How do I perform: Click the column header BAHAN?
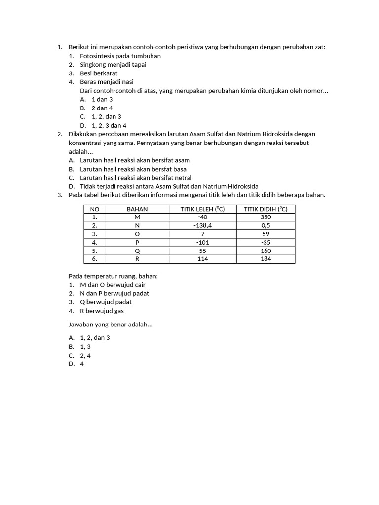137,209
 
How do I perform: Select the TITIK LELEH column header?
202,209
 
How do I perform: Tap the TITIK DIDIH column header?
266,209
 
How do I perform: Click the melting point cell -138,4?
202,225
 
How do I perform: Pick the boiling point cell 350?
266,217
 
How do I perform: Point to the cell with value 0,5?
266,225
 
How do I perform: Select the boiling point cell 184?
266,259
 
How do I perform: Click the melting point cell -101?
202,242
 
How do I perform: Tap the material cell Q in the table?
137,251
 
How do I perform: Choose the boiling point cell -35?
266,242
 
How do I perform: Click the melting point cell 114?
202,259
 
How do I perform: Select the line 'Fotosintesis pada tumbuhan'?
120,56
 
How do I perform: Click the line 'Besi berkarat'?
99,73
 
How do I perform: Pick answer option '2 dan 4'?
102,108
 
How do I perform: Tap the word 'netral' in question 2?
183,178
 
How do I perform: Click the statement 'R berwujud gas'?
102,311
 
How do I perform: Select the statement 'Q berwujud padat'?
106,302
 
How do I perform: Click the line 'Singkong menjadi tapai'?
113,65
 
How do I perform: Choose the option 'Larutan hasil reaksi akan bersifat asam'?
135,160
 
